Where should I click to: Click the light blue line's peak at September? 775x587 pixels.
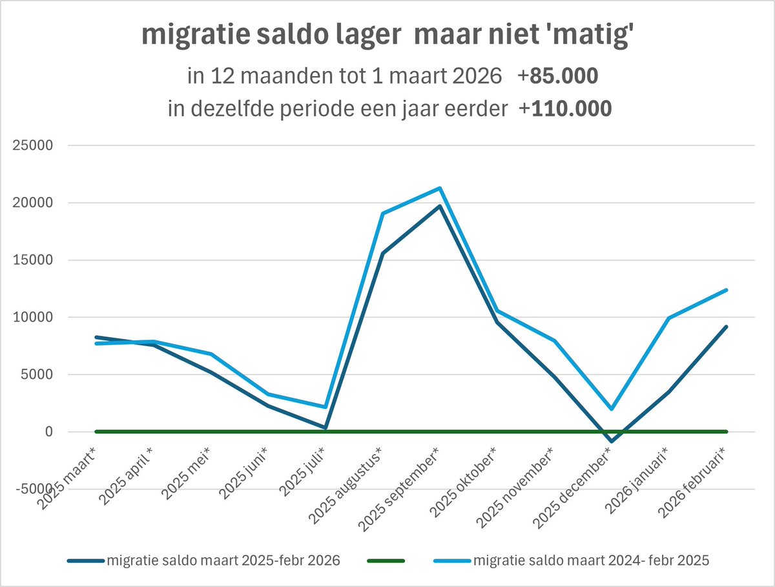pos(440,188)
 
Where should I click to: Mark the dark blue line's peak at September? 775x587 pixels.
pos(440,206)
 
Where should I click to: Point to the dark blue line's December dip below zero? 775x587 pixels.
pos(611,442)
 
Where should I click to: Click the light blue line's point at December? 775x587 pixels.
pos(611,409)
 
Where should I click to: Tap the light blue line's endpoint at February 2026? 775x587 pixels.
pos(726,290)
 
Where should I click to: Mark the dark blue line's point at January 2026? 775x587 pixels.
pos(668,392)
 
